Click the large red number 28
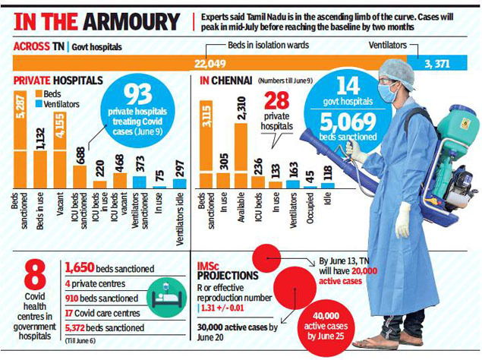[276, 101]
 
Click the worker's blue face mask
[389, 93]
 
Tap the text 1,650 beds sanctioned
[110, 268]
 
